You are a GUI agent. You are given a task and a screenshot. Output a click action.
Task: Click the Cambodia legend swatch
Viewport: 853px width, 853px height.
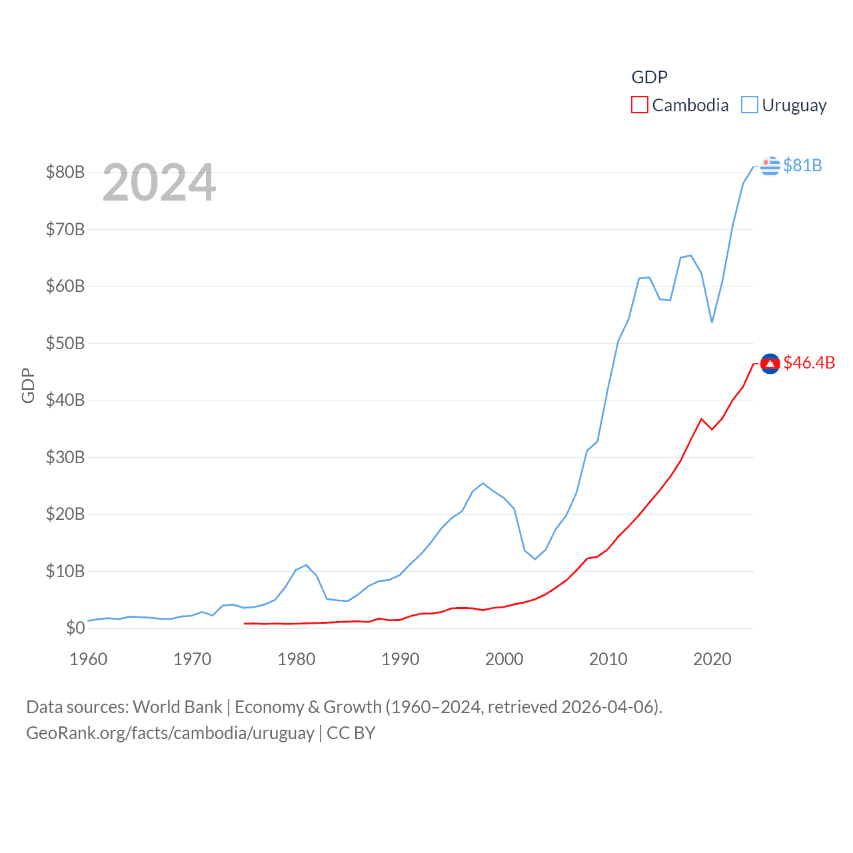pyautogui.click(x=639, y=105)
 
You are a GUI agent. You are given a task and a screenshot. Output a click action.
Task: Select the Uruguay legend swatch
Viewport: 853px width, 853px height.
pyautogui.click(x=750, y=105)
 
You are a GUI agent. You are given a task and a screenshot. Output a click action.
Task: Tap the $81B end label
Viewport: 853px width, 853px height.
pyautogui.click(x=802, y=165)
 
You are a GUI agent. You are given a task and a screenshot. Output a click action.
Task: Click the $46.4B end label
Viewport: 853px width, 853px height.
pyautogui.click(x=809, y=363)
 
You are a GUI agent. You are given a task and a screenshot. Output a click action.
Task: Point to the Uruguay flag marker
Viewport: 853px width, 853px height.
pyautogui.click(x=770, y=165)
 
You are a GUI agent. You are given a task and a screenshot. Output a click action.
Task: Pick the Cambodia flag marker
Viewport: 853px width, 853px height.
pyautogui.click(x=770, y=364)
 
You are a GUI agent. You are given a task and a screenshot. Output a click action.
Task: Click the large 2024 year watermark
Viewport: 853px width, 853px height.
pyautogui.click(x=159, y=183)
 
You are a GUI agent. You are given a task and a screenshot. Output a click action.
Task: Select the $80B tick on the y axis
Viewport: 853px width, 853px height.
pyautogui.click(x=65, y=172)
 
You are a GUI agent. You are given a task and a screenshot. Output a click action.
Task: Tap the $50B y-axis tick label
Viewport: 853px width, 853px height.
pyautogui.click(x=65, y=343)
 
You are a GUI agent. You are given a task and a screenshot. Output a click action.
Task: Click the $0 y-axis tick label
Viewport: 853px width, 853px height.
pyautogui.click(x=75, y=628)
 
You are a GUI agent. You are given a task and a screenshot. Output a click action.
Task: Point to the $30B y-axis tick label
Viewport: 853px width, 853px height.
pyautogui.click(x=65, y=457)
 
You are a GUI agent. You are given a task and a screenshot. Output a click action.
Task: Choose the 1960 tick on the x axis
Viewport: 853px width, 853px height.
pyautogui.click(x=89, y=659)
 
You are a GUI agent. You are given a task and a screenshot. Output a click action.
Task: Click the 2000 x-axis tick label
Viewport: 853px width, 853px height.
pyautogui.click(x=504, y=659)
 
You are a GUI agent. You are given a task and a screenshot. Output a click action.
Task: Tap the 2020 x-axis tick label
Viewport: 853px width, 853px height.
pyautogui.click(x=712, y=659)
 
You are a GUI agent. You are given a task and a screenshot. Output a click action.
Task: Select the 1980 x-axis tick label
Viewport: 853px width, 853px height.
pyautogui.click(x=297, y=659)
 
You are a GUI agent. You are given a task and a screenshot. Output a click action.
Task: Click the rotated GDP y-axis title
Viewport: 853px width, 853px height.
pyautogui.click(x=28, y=385)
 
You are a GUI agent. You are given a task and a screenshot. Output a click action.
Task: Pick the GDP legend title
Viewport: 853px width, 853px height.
pyautogui.click(x=649, y=77)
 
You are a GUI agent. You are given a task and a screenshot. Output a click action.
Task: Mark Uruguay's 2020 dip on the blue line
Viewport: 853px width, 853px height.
pyautogui.click(x=712, y=322)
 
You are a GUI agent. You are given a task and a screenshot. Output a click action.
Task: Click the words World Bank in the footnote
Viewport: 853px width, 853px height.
pyautogui.click(x=177, y=706)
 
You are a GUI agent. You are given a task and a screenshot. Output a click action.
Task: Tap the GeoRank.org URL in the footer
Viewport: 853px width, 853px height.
pyautogui.click(x=170, y=733)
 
